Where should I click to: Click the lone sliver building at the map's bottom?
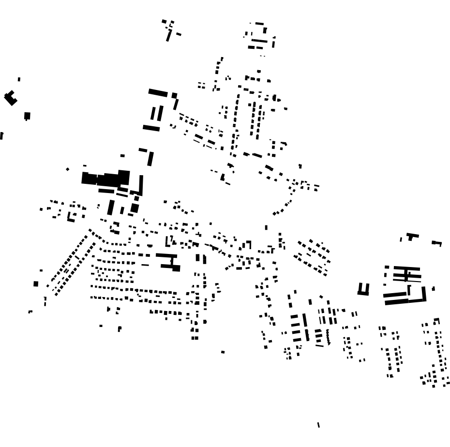(318, 425)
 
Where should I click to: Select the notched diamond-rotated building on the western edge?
(10, 98)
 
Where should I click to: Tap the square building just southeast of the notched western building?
(27, 116)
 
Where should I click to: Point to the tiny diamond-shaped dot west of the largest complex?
(67, 169)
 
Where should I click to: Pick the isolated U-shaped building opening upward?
(363, 290)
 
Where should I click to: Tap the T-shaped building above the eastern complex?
(412, 237)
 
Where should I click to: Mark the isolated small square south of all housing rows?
(223, 352)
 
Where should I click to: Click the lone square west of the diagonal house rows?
(36, 284)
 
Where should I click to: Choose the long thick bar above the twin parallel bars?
(158, 92)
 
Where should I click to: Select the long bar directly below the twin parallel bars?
(151, 128)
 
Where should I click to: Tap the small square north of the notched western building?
(19, 79)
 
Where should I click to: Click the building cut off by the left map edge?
(1, 136)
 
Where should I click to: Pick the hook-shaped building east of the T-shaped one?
(437, 243)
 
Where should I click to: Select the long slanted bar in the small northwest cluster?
(169, 35)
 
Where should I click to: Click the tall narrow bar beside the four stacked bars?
(305, 320)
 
